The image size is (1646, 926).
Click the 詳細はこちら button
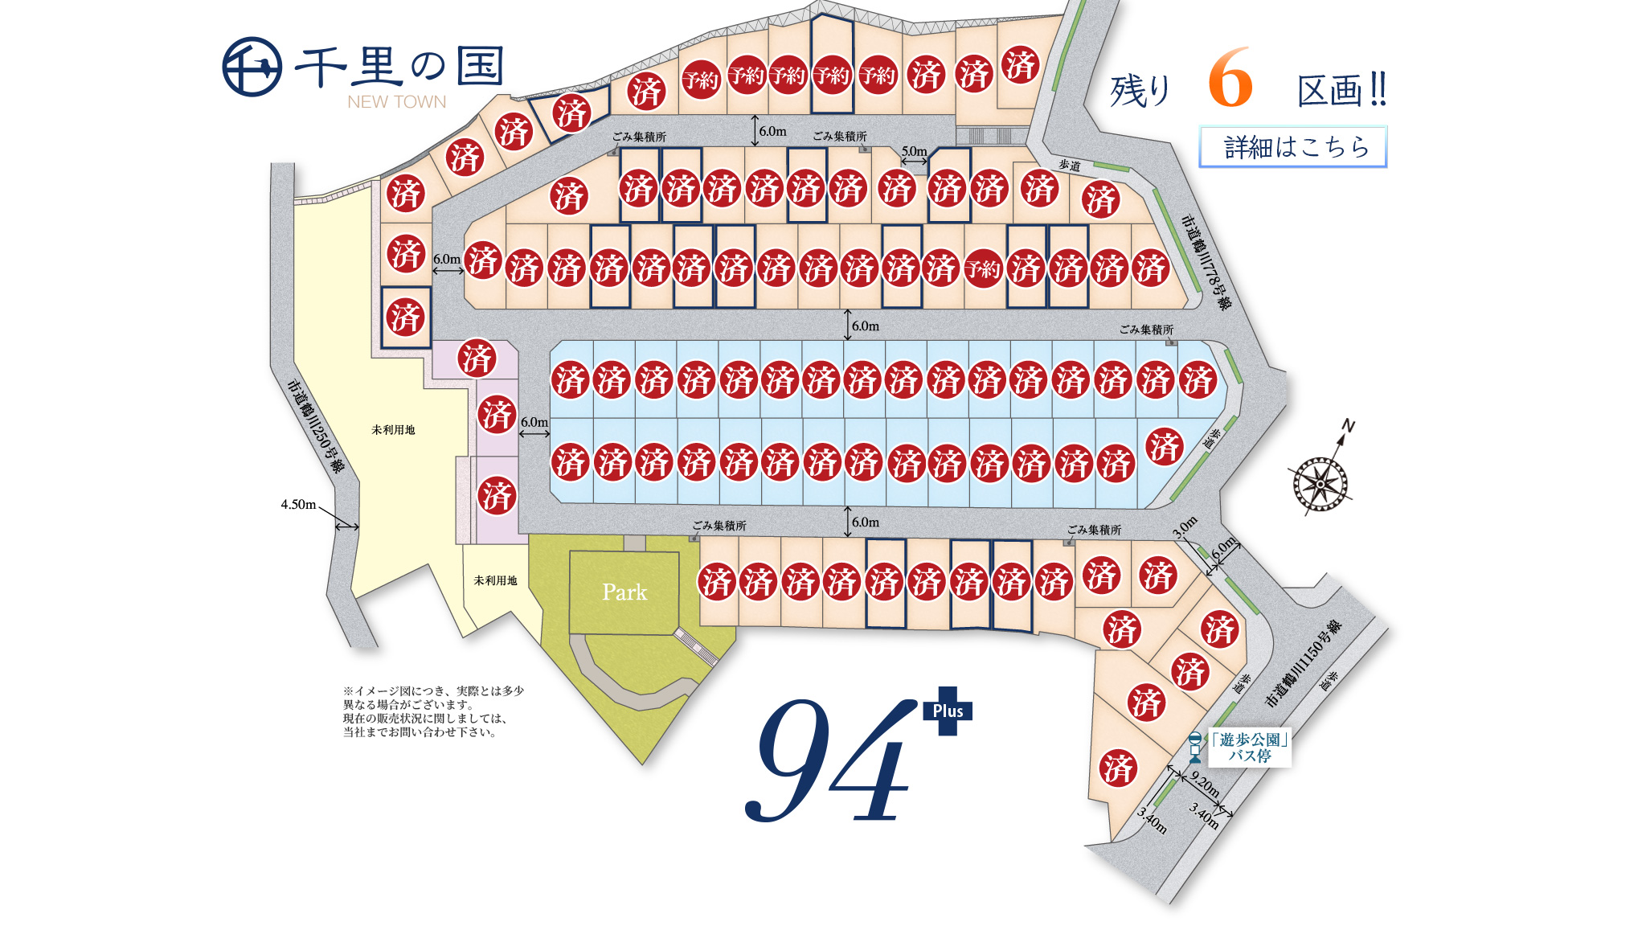(1293, 147)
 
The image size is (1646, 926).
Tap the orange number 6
(1230, 79)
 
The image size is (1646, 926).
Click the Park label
(624, 592)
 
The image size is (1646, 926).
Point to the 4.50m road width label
(298, 505)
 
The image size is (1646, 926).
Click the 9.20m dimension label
(1204, 784)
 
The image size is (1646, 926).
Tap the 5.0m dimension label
(914, 151)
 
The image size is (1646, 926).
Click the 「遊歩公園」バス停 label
(1250, 748)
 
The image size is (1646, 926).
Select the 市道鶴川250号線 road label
(315, 425)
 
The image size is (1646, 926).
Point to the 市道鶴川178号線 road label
(1206, 262)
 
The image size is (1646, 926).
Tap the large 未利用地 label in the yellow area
(393, 430)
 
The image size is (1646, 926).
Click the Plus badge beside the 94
(948, 711)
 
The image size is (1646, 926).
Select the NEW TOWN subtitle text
(396, 102)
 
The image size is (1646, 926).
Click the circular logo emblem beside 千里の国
(252, 67)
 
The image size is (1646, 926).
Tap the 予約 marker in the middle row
(983, 268)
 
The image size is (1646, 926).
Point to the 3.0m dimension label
(1184, 527)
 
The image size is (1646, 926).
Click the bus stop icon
(1195, 747)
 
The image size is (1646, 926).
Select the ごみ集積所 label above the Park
(719, 526)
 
